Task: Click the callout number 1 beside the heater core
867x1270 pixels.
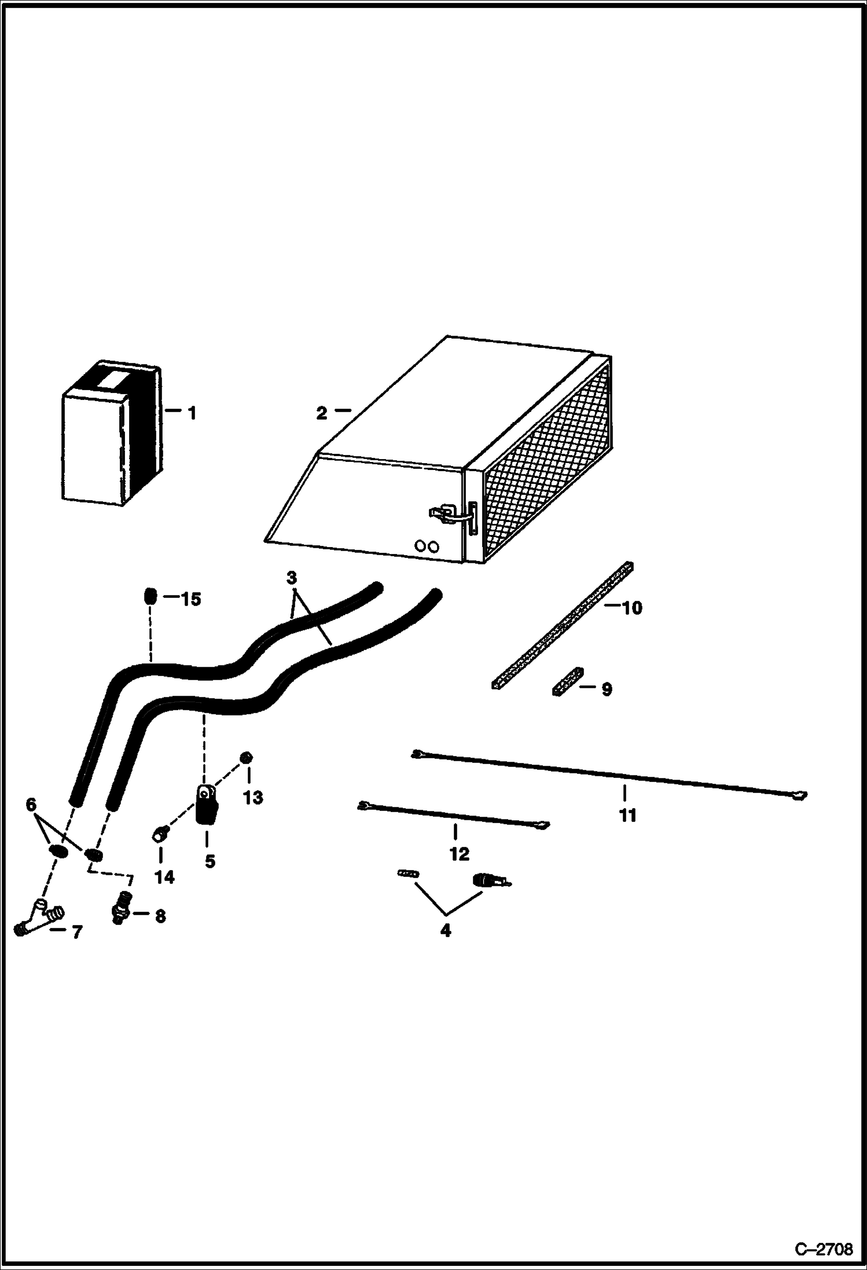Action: click(x=192, y=413)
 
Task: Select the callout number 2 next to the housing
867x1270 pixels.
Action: click(x=322, y=413)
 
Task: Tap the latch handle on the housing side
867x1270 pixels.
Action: click(x=443, y=513)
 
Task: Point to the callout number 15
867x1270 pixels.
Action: click(x=190, y=600)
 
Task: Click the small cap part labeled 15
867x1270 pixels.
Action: click(x=150, y=596)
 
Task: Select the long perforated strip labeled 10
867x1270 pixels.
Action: click(x=561, y=626)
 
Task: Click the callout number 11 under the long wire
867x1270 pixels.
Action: click(x=627, y=816)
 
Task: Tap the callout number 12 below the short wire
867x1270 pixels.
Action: click(x=459, y=854)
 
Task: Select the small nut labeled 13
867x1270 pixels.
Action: click(x=247, y=758)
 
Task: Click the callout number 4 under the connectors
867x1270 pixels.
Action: click(x=445, y=931)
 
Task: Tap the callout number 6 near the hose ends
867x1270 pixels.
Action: click(x=31, y=805)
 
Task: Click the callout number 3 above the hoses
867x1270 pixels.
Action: click(x=292, y=578)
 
